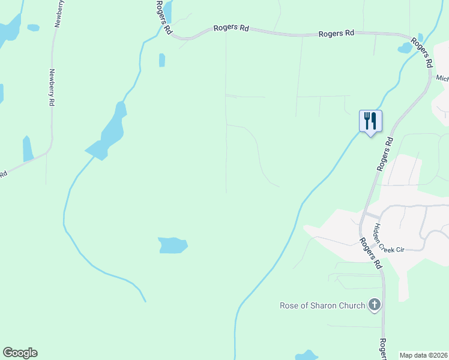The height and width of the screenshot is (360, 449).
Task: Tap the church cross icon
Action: [375, 305]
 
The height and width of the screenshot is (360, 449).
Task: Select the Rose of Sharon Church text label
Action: [322, 305]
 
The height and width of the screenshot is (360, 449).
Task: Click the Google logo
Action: [20, 353]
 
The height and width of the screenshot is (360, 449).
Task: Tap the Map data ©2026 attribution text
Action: [424, 355]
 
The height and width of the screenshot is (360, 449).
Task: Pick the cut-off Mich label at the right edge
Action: [442, 79]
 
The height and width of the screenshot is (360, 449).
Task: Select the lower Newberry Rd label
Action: [51, 88]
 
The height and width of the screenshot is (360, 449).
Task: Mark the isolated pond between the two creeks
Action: [173, 245]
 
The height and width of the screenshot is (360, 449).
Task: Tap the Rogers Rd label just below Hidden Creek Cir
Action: [371, 253]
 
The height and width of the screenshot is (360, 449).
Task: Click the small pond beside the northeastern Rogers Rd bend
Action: [405, 49]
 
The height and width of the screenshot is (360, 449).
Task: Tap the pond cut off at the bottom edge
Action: [307, 355]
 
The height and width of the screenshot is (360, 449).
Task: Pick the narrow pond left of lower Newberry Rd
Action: [27, 149]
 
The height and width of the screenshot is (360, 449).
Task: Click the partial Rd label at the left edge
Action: [3, 174]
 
